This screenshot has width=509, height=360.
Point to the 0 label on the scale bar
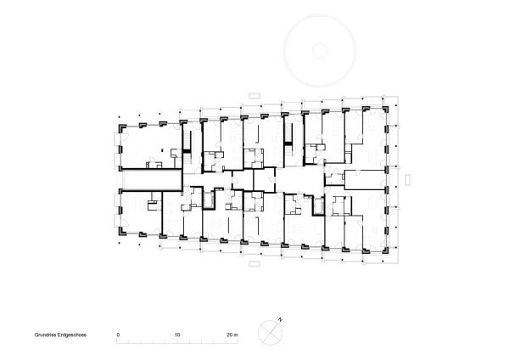pos(118,335)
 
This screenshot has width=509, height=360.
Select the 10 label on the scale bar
pos(177,335)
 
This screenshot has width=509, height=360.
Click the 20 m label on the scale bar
pos(234,335)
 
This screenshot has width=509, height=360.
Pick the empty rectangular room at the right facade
pos(365,178)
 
